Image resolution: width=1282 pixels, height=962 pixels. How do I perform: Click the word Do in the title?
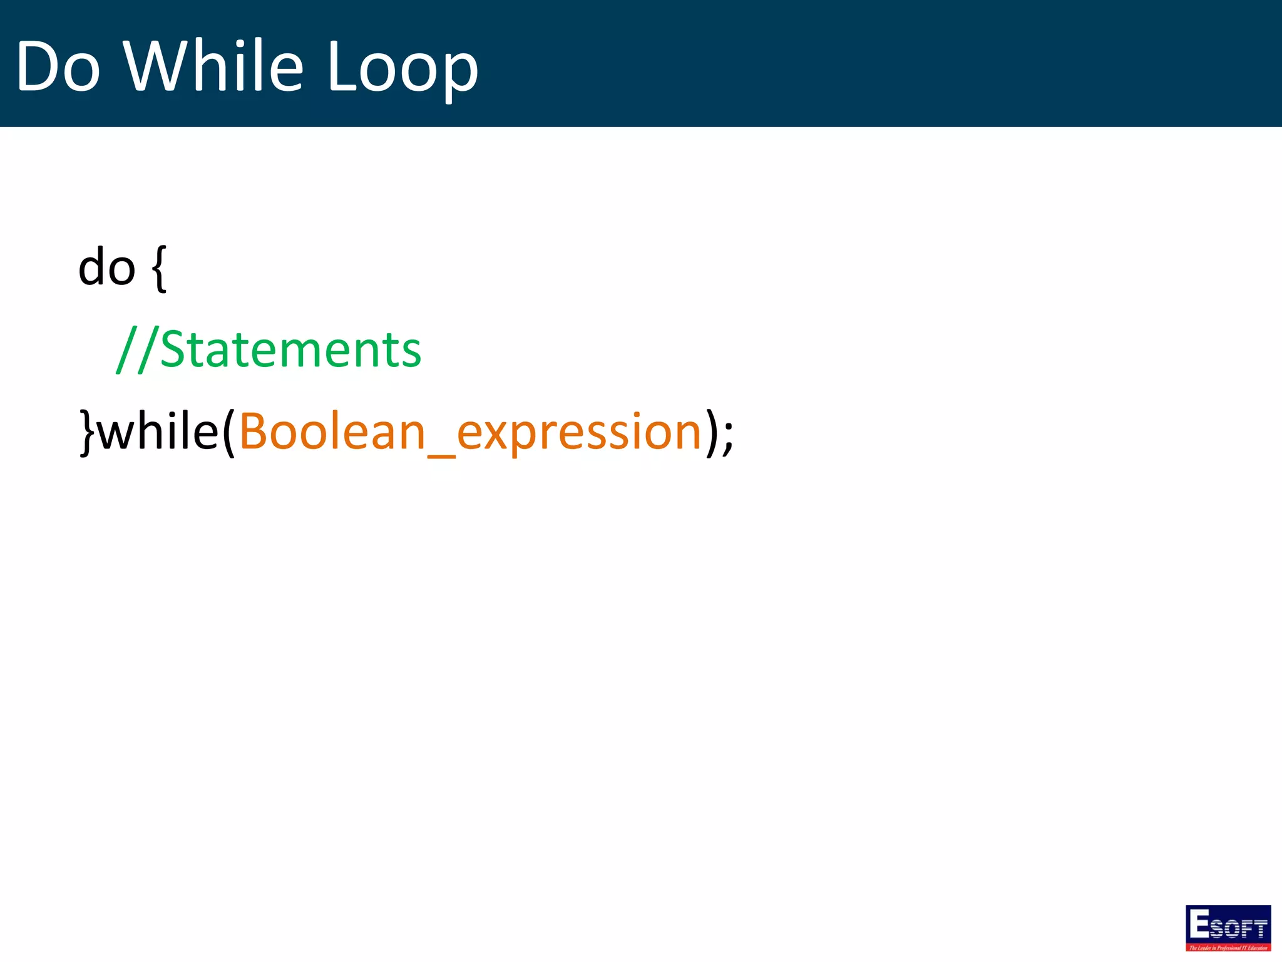tap(58, 66)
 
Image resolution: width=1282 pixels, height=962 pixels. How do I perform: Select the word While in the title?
tap(213, 65)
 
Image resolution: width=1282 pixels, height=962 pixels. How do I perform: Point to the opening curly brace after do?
tap(159, 269)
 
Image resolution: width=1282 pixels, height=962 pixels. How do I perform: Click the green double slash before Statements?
tap(136, 349)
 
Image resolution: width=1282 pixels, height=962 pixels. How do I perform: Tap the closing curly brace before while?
tap(87, 432)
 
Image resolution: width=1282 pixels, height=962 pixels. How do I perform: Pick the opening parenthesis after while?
tap(228, 432)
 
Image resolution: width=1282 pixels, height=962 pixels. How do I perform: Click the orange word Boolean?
tap(332, 432)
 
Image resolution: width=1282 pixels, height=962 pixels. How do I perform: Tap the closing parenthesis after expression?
tap(711, 432)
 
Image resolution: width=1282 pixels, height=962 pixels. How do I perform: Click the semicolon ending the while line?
tap(727, 436)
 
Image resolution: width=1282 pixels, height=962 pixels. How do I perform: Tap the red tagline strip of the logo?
tap(1228, 948)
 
